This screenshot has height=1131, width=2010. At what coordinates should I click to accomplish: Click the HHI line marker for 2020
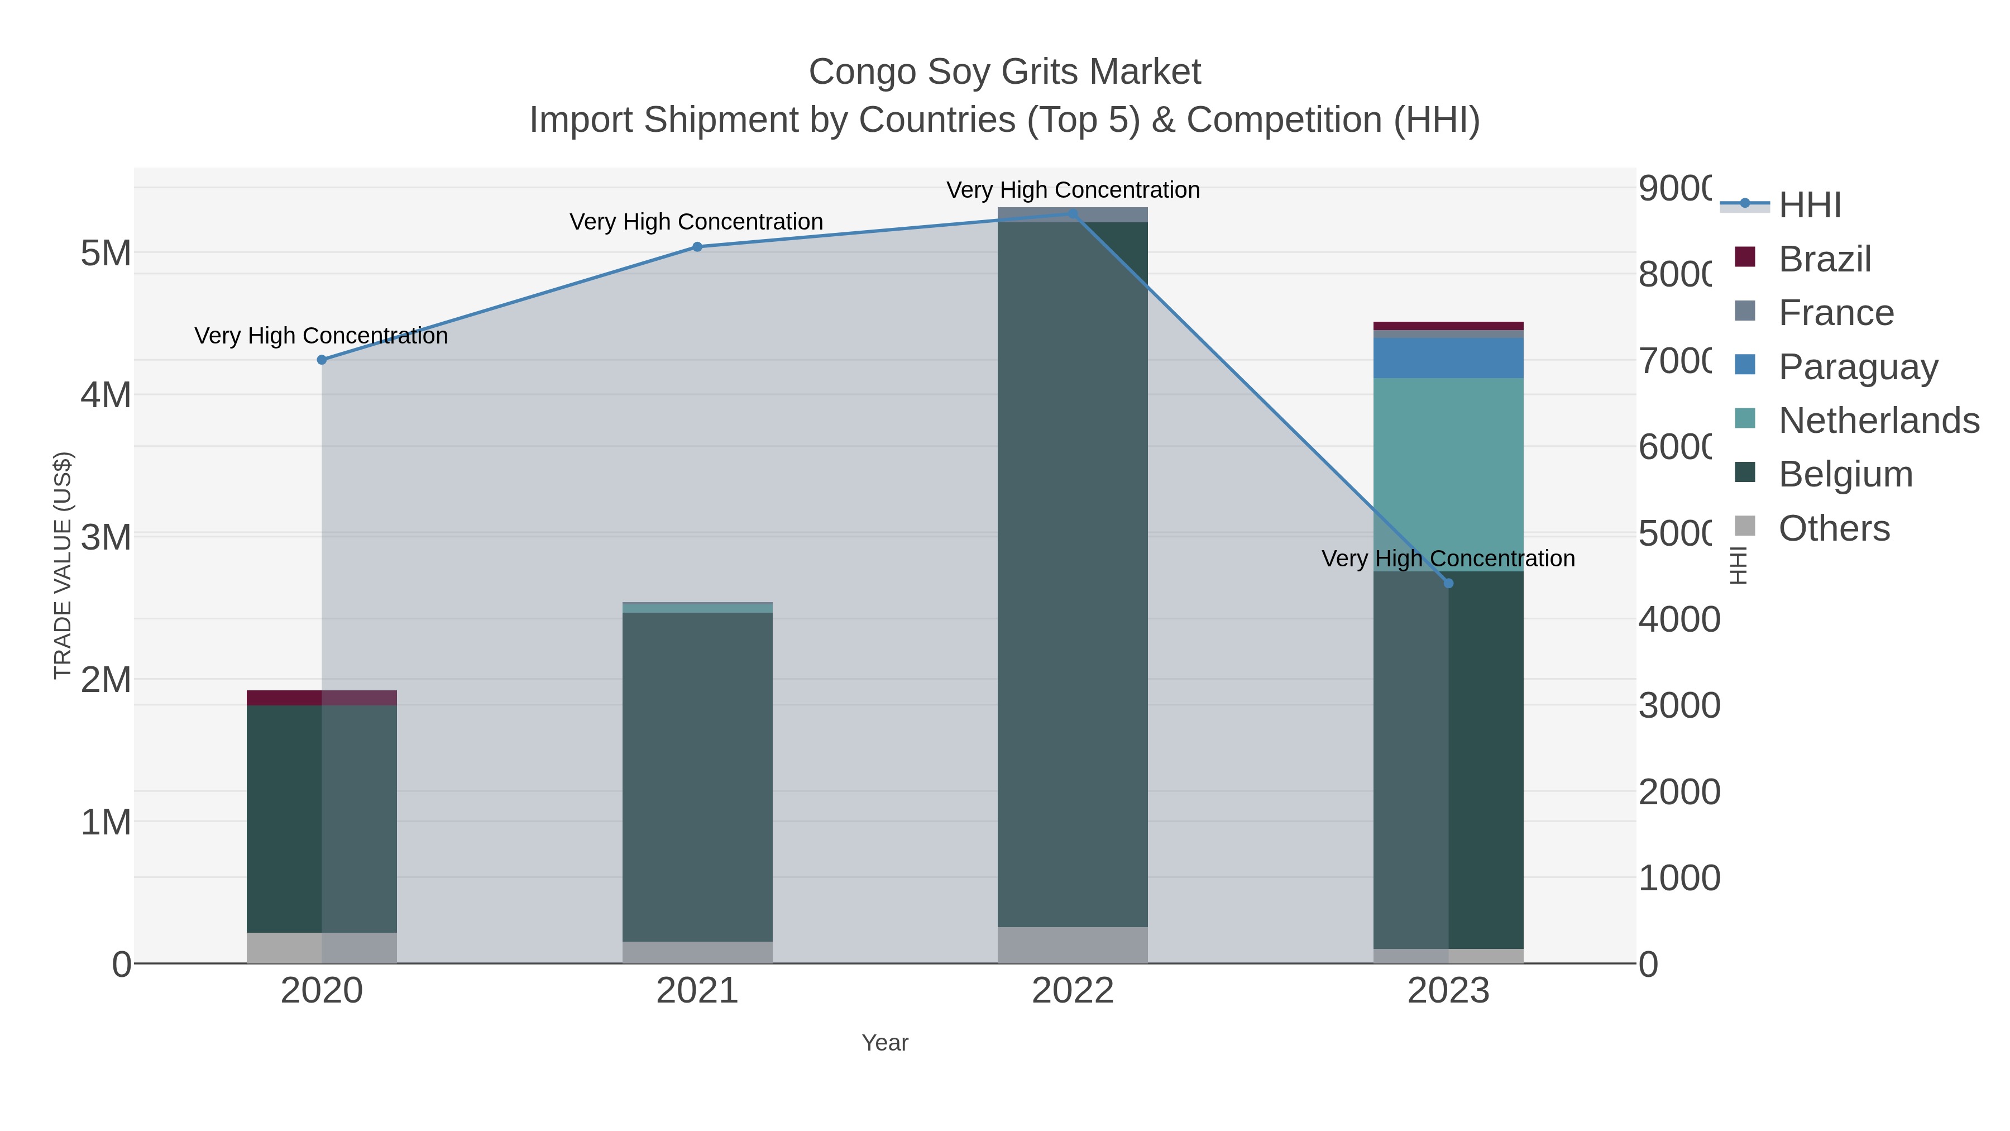pos(322,360)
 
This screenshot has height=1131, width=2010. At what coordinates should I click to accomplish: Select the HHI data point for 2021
pos(697,247)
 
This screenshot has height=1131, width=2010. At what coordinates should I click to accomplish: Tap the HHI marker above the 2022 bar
pos(1073,213)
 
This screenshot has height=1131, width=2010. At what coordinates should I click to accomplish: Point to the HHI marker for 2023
pos(1448,583)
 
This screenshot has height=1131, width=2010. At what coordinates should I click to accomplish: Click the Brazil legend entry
pos(1824,259)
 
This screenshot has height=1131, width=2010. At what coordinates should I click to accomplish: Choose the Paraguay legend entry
pos(1858,367)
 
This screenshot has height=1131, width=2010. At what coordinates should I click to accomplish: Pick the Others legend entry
pos(1834,528)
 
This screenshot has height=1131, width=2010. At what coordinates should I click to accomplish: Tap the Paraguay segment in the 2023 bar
pos(1448,358)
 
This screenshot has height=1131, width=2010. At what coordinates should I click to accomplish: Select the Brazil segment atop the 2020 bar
pos(322,698)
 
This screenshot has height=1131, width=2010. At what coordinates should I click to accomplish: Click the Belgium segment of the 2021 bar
pos(697,777)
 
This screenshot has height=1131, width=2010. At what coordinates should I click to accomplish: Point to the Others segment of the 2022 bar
pos(1073,945)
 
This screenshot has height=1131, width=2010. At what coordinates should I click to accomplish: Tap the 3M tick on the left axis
pos(106,537)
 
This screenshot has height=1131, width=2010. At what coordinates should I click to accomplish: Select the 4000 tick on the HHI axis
pos(1678,620)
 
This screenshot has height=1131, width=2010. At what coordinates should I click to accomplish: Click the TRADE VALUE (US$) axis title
pos(63,565)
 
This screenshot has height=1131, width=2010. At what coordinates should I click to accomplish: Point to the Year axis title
pos(885,1043)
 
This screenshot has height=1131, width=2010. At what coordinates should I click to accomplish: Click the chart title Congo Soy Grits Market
pos(1004,72)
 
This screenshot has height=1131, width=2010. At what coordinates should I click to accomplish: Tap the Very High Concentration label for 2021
pos(696,222)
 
